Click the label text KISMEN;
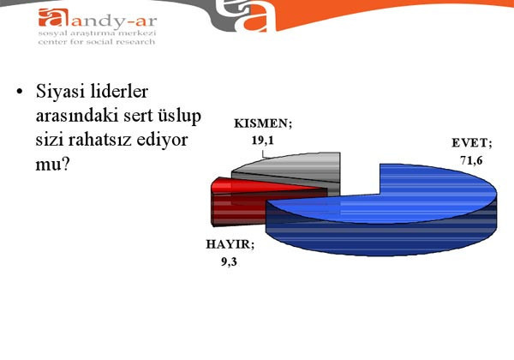point(263,123)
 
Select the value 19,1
point(263,137)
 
